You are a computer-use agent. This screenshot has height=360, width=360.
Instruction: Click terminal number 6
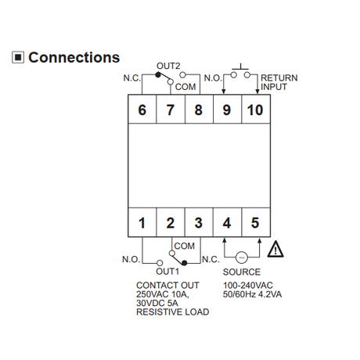pos(142,110)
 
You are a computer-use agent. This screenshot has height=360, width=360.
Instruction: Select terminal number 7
pos(170,110)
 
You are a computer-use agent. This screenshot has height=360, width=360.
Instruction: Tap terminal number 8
pos(199,110)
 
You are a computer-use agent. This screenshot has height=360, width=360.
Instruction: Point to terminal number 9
pos(227,110)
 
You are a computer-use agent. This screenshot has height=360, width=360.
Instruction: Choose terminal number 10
pos(255,110)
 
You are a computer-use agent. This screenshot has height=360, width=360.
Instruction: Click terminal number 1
pos(142,223)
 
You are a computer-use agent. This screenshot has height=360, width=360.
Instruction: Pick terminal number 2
pos(170,223)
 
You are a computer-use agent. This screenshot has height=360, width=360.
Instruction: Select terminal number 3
pos(199,223)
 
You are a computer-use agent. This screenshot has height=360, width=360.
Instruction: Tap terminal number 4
pos(227,223)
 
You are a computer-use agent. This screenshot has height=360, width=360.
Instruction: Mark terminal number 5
pos(255,223)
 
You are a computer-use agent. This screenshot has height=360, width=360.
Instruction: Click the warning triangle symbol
pos(275,250)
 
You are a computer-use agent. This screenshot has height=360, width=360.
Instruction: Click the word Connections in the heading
pos(74,57)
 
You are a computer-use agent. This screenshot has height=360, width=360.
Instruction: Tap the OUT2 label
pos(168,66)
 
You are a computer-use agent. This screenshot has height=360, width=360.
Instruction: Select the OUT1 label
pos(167,272)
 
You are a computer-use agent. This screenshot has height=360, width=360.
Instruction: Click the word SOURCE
pos(242,272)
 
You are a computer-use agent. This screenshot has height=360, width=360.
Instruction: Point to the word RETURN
pos(279,78)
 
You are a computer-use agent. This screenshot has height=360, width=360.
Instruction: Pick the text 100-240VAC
pos(247,286)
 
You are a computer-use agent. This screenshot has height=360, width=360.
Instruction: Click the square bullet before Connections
pos(18,57)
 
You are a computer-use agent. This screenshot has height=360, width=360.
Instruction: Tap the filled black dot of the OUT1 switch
pos(185,263)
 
